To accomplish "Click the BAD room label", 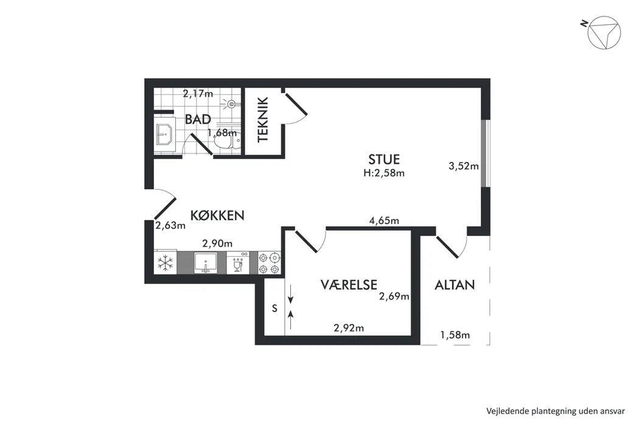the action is [x=198, y=119].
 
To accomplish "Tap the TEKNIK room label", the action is [x=263, y=119].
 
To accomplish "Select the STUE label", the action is [x=384, y=159].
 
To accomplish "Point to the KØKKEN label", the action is [x=217, y=215].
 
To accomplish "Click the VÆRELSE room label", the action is [x=349, y=285].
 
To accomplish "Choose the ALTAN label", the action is [x=455, y=285].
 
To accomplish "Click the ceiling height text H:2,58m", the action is [x=384, y=173].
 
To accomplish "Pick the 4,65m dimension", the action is [x=384, y=221].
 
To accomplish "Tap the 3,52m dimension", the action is [x=464, y=166].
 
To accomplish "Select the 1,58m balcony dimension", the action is [x=455, y=335].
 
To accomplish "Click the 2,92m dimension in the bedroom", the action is [x=349, y=328].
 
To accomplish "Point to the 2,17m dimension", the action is [x=198, y=94].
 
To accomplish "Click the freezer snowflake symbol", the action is [x=166, y=263].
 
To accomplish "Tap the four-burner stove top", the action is [x=270, y=263].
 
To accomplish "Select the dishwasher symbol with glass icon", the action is [x=237, y=263].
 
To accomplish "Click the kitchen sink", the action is [x=206, y=263].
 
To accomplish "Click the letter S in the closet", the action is [x=274, y=309].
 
